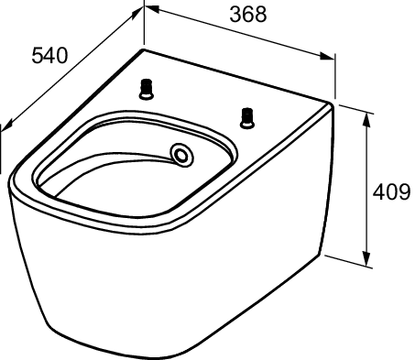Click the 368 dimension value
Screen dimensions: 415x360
tap(248, 15)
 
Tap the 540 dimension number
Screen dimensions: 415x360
tap(49, 56)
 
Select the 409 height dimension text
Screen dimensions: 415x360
tap(391, 192)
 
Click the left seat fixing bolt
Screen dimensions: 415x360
tap(147, 89)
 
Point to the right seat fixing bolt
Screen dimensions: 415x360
tap(247, 118)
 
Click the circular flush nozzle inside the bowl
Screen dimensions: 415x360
tap(182, 156)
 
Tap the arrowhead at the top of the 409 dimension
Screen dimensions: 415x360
tap(366, 120)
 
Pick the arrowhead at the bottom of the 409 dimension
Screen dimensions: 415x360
tap(366, 259)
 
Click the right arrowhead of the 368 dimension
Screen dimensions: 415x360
tap(327, 56)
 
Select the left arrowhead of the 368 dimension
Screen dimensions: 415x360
tap(152, 9)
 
